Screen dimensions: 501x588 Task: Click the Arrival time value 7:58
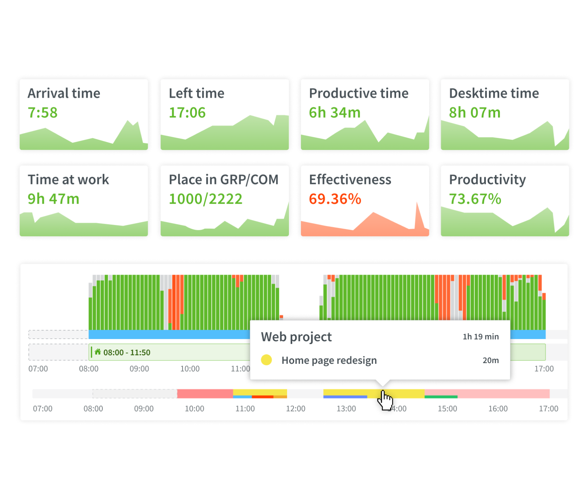[42, 113]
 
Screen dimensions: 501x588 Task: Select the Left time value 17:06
[187, 113]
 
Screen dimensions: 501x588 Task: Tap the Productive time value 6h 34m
[335, 113]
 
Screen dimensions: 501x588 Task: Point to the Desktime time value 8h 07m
[475, 113]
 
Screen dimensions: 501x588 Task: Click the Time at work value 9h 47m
[53, 199]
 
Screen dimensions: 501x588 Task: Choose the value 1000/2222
[205, 199]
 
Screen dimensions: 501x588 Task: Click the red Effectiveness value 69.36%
[335, 199]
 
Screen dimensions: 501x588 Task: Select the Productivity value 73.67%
[475, 199]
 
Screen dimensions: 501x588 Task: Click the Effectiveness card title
[350, 180]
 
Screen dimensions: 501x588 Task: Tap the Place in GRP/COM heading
[224, 180]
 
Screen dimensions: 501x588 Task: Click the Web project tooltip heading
[296, 337]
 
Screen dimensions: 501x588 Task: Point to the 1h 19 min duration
[481, 337]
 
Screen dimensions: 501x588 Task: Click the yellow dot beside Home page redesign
[266, 360]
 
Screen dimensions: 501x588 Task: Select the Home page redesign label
[329, 360]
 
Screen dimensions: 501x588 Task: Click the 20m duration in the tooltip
[490, 360]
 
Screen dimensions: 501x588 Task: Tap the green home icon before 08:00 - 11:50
[98, 351]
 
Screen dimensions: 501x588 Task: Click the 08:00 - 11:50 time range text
[127, 353]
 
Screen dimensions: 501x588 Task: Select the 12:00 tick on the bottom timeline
[295, 409]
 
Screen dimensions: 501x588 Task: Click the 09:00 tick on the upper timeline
[139, 369]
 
